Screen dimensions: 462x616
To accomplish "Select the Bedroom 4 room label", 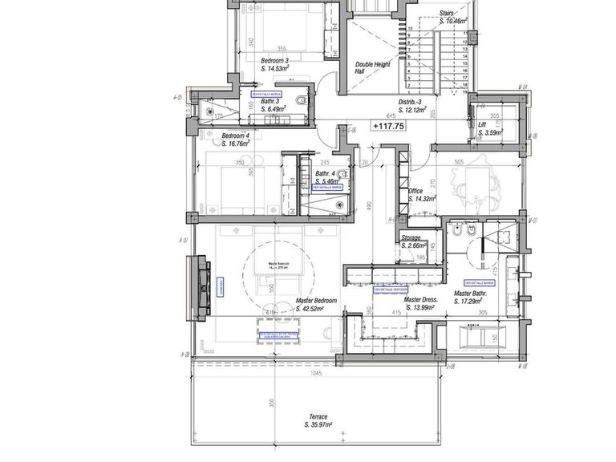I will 237,136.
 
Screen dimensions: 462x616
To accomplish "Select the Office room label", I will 416,191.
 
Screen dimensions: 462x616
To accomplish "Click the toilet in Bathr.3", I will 300,99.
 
